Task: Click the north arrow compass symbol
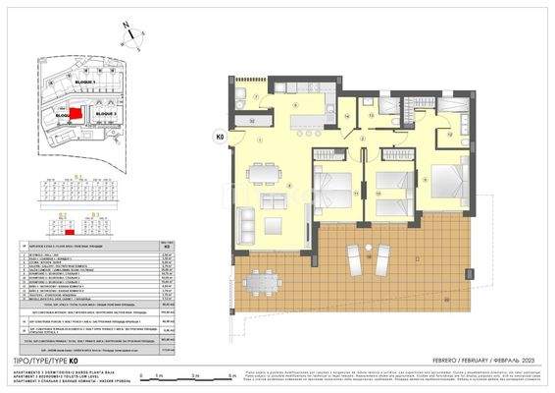pyautogui.click(x=131, y=36)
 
